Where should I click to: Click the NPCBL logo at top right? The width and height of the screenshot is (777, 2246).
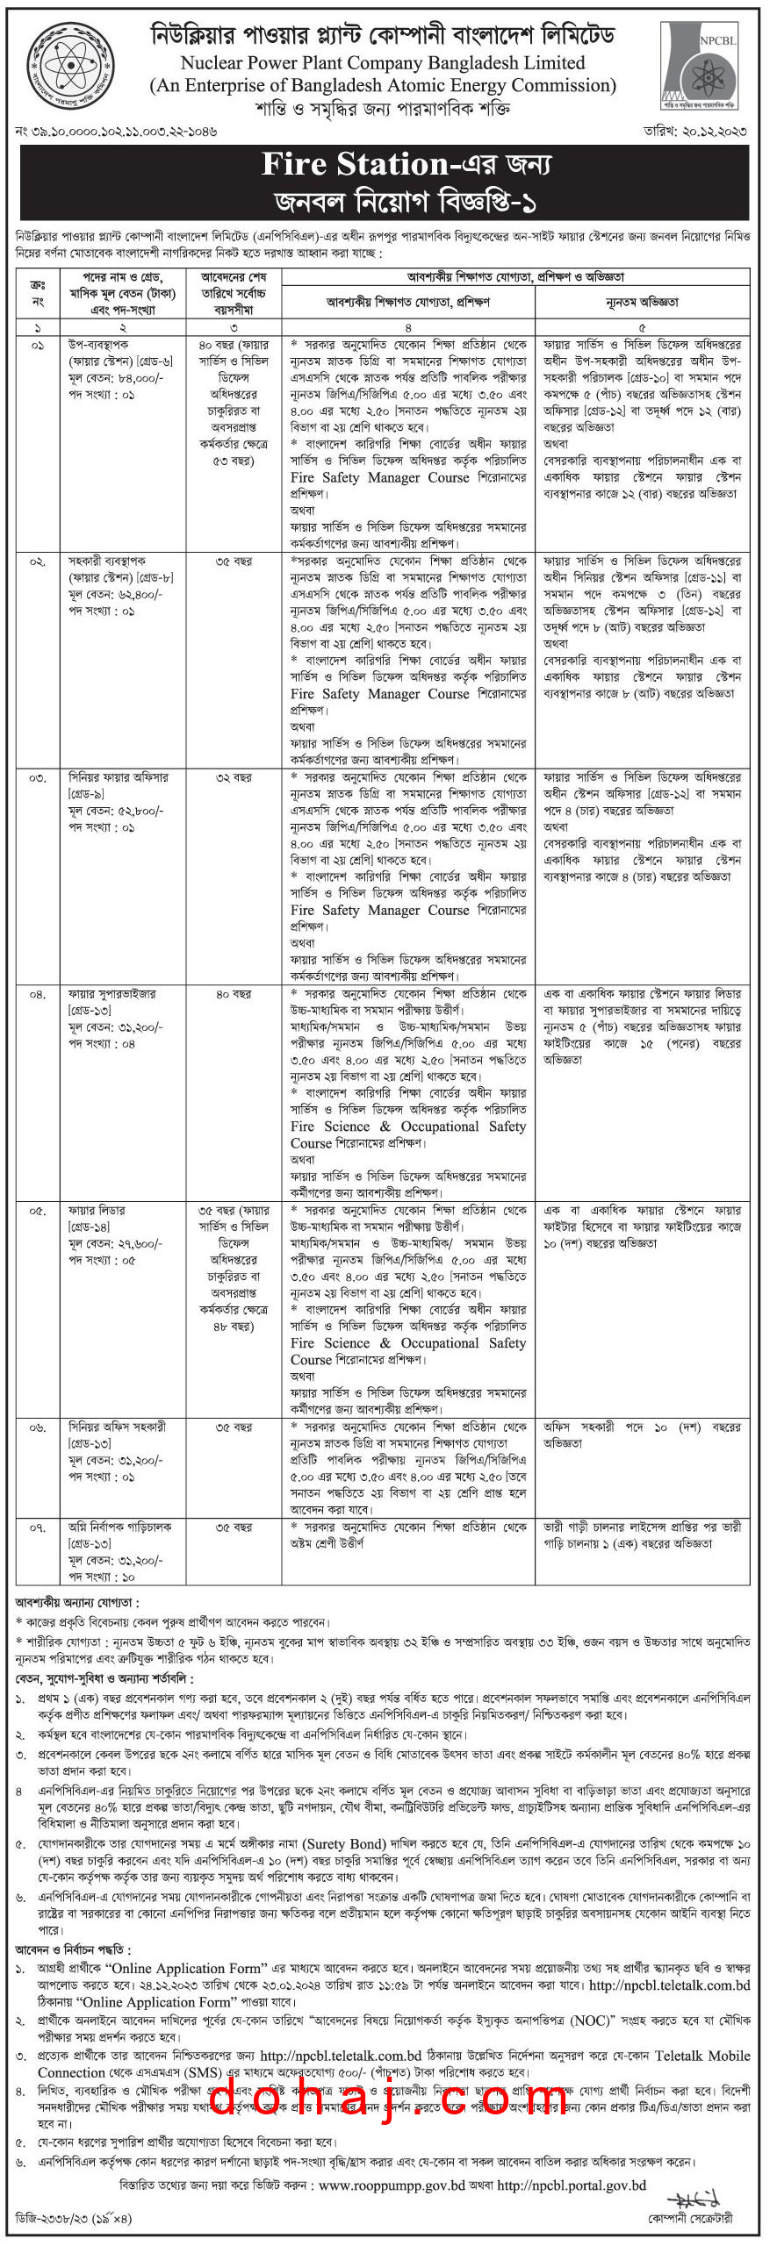705,65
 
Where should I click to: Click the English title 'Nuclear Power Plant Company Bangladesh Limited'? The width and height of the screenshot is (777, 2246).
383,63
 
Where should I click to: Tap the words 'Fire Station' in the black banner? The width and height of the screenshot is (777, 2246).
355,164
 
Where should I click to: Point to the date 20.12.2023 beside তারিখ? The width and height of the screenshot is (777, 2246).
719,131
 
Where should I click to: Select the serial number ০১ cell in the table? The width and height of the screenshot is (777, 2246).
37,346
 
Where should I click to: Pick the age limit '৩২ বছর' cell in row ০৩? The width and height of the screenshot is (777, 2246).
234,777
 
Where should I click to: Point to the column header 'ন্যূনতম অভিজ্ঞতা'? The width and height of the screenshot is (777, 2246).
642,302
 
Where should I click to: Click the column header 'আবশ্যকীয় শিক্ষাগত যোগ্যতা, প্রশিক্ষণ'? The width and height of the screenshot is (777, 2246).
408,302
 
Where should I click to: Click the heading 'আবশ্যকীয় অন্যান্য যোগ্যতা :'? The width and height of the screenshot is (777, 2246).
77,1602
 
